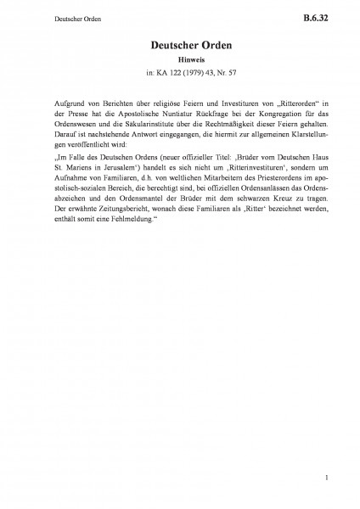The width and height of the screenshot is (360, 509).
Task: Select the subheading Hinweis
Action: coord(179,62)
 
